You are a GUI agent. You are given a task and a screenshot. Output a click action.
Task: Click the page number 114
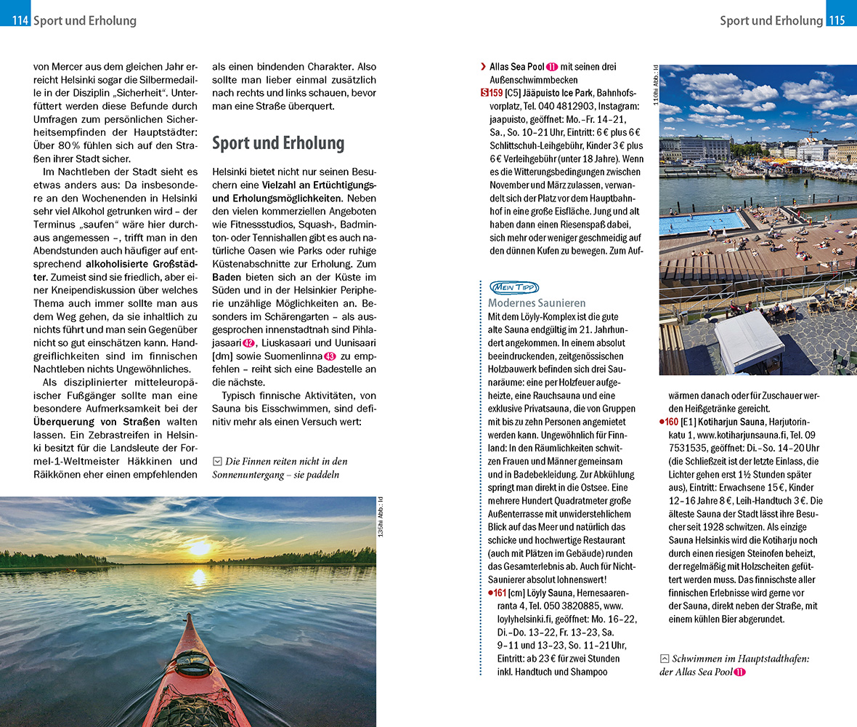(20, 20)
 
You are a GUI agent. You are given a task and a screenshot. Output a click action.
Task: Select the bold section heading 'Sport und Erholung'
(278, 143)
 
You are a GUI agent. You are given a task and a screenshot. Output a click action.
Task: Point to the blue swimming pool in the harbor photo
(701, 222)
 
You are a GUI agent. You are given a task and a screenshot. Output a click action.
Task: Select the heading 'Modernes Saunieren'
(537, 302)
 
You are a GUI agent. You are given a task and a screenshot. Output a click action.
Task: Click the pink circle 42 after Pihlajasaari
(248, 343)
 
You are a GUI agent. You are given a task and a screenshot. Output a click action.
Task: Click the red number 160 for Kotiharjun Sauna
(670, 422)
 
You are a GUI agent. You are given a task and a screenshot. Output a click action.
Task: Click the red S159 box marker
(492, 93)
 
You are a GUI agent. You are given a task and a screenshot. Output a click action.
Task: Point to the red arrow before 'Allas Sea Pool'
(483, 67)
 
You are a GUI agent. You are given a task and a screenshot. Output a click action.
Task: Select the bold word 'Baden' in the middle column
(227, 277)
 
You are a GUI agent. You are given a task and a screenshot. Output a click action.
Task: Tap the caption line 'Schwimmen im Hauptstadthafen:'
(740, 659)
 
